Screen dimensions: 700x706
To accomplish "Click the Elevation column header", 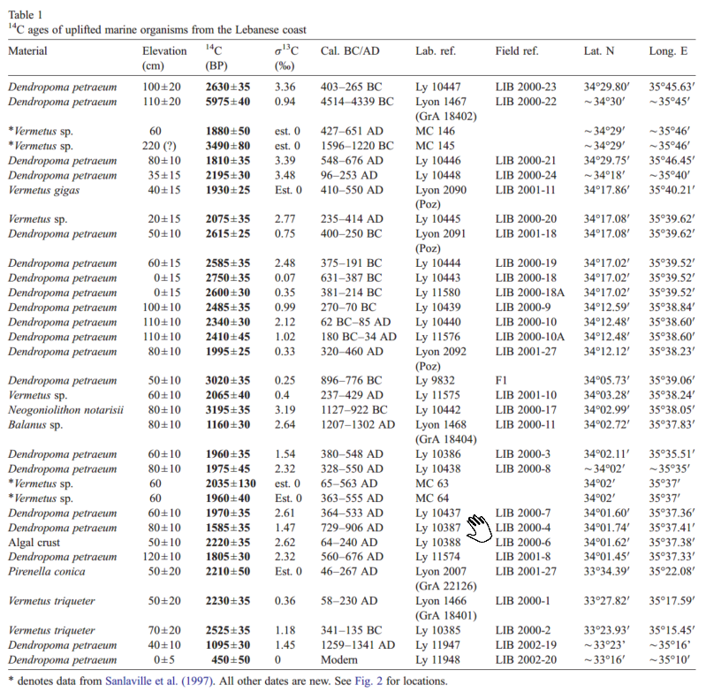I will coord(163,51).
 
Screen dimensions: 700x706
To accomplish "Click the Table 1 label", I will coord(26,14).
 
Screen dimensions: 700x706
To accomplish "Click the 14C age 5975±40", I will coord(228,102).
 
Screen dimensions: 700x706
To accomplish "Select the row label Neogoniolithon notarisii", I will coord(62,410).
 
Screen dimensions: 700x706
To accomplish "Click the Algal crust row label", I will coord(36,541).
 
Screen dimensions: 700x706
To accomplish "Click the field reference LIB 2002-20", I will coord(526,658).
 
